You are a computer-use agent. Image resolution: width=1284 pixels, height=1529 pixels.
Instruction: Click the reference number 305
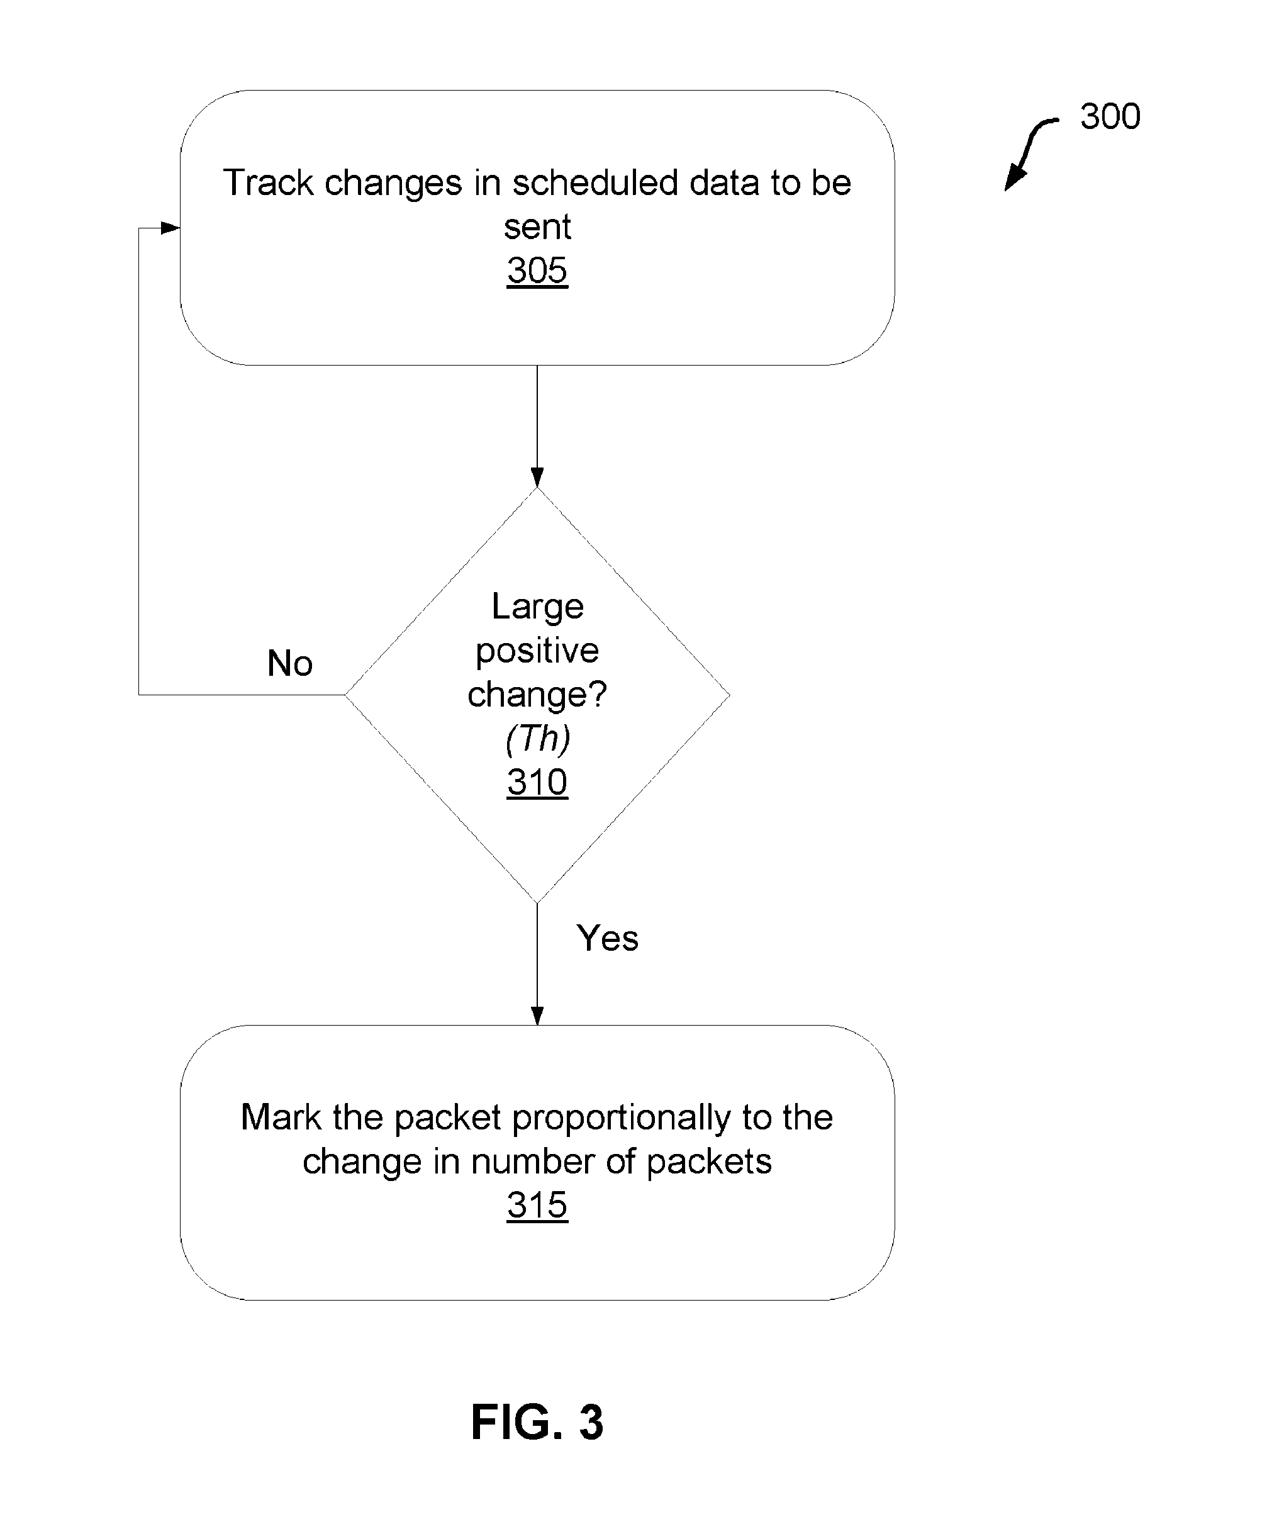(537, 271)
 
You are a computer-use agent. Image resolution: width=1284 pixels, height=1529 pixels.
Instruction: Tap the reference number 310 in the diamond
(537, 783)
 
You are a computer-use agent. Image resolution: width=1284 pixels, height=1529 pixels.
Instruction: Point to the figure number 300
(1110, 116)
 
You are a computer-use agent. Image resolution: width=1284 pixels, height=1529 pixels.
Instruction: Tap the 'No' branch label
(289, 663)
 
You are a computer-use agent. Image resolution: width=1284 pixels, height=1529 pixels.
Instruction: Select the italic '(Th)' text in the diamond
(537, 738)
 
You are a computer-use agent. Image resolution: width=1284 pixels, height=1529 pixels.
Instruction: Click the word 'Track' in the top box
(269, 182)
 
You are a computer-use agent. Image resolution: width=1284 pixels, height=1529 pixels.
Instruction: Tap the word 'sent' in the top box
(537, 227)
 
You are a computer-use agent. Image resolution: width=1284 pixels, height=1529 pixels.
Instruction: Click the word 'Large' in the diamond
(537, 607)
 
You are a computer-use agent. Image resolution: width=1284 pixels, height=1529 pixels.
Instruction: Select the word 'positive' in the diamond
(537, 650)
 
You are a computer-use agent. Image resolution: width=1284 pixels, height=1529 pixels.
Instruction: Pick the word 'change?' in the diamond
(537, 695)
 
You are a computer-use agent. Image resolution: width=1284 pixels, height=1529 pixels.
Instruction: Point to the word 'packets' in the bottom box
(709, 1162)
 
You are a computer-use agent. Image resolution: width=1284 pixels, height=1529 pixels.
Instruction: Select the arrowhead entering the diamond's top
(537, 478)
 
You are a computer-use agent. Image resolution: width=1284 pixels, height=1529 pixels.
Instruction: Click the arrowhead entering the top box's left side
(170, 228)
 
